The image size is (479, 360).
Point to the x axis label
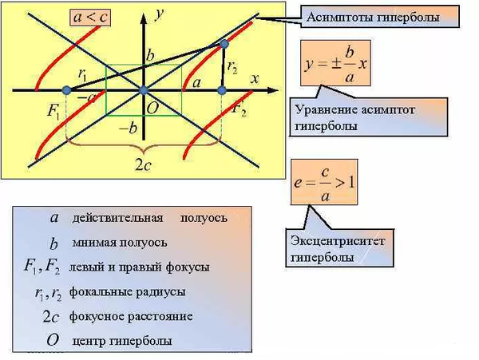point(255,79)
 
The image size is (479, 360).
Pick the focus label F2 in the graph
point(239,109)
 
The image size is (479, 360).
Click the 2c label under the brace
point(144,167)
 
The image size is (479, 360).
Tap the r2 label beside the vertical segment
point(232,68)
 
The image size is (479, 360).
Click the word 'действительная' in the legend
point(117,217)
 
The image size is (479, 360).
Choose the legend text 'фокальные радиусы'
point(128,291)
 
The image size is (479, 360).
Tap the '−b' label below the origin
point(127,128)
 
